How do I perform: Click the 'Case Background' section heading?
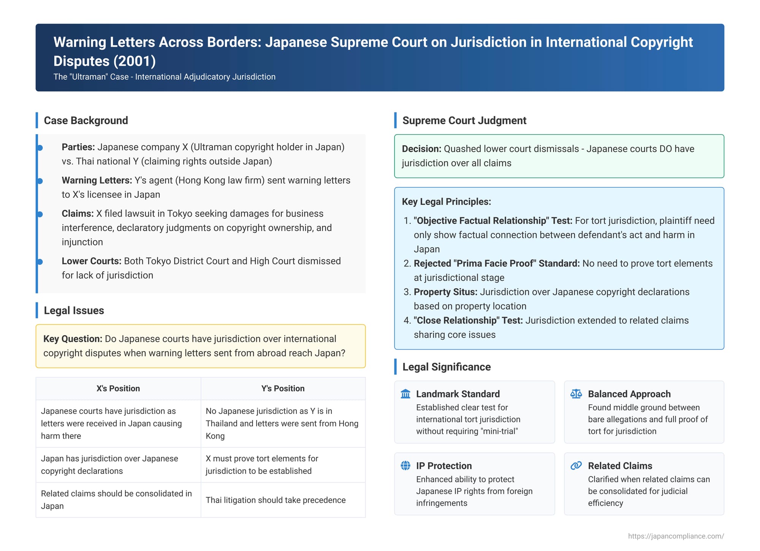pyautogui.click(x=86, y=120)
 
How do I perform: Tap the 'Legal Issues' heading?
pyautogui.click(x=74, y=310)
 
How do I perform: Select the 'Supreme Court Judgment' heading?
pyautogui.click(x=464, y=120)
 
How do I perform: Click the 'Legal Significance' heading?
pyautogui.click(x=446, y=367)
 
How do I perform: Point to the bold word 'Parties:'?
pyautogui.click(x=78, y=147)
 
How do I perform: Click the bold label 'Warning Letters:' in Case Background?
pyautogui.click(x=97, y=180)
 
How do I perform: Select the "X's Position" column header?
pyautogui.click(x=118, y=388)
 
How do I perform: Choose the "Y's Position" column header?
pyautogui.click(x=283, y=388)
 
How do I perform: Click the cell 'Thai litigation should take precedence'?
pyautogui.click(x=275, y=500)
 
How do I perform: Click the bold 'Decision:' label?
pyautogui.click(x=421, y=149)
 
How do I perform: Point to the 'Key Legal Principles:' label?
pyautogui.click(x=446, y=201)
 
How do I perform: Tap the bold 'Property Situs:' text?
pyautogui.click(x=445, y=292)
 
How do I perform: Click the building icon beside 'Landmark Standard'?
pyautogui.click(x=405, y=394)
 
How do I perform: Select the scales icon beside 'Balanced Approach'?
pyautogui.click(x=576, y=394)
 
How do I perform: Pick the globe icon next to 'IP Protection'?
pyautogui.click(x=405, y=465)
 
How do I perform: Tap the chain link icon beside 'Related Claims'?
pyautogui.click(x=576, y=465)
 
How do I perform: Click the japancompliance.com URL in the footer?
pyautogui.click(x=676, y=536)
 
